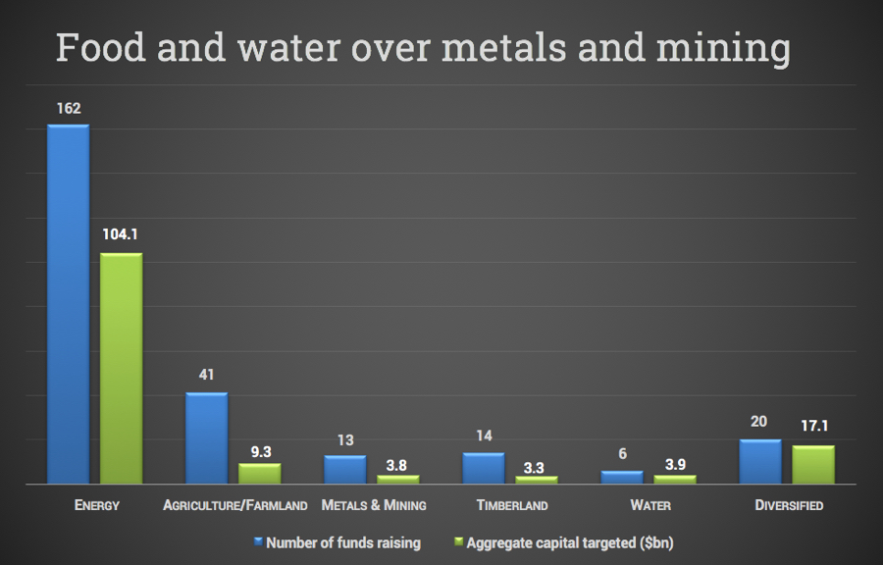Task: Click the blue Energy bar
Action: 68,304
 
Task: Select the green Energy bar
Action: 121,368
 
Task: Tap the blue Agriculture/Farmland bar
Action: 207,437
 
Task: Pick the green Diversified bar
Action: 813,464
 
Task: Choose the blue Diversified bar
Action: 760,461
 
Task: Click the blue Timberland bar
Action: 483,468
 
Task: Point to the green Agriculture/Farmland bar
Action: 260,473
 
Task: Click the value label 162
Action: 68,108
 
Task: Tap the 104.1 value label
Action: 121,235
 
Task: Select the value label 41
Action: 206,375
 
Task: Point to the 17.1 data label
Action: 813,428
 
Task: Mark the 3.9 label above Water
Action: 674,458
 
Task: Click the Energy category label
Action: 96,506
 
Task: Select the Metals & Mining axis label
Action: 374,506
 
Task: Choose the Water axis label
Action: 650,506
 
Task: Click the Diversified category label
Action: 789,506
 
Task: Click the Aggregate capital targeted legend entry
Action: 569,542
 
